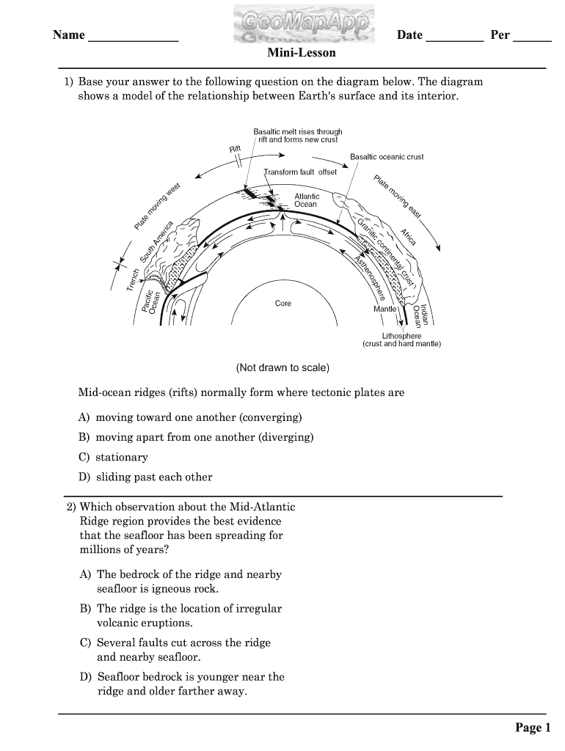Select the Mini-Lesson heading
pyautogui.click(x=302, y=54)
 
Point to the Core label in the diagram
pyautogui.click(x=283, y=304)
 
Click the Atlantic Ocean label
pyautogui.click(x=306, y=200)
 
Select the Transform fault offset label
pyautogui.click(x=301, y=172)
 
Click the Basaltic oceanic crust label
pyautogui.click(x=387, y=157)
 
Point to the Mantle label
pyautogui.click(x=385, y=309)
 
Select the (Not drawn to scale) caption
pyautogui.click(x=282, y=367)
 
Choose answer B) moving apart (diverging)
pyautogui.click(x=196, y=437)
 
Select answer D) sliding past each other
pyautogui.click(x=145, y=477)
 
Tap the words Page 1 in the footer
pyautogui.click(x=532, y=728)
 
